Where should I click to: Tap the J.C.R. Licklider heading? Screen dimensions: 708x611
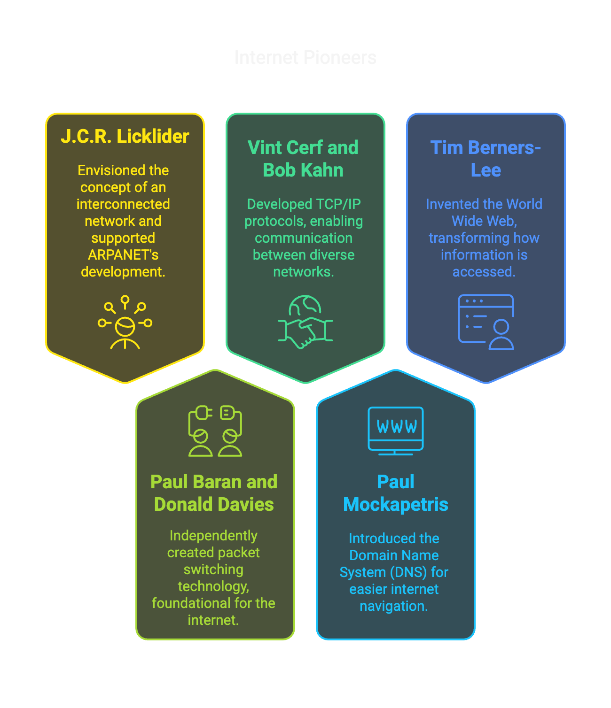[x=125, y=136]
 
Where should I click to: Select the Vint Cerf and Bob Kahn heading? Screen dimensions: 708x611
[x=303, y=159]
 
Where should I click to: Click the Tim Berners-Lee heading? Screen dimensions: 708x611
[x=486, y=159]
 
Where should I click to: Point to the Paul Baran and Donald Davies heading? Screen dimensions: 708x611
[x=214, y=493]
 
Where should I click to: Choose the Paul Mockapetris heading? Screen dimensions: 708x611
[x=395, y=493]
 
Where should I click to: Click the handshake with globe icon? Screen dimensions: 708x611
[x=305, y=322]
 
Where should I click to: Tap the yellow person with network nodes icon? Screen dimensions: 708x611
[x=125, y=323]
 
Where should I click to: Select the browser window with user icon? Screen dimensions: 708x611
[x=486, y=322]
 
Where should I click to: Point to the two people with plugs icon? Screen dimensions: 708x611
[x=215, y=431]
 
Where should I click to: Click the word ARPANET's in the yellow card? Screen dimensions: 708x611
[x=123, y=255]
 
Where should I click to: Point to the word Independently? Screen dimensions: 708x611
[x=213, y=536]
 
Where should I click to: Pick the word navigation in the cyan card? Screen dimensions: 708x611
[x=392, y=606]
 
